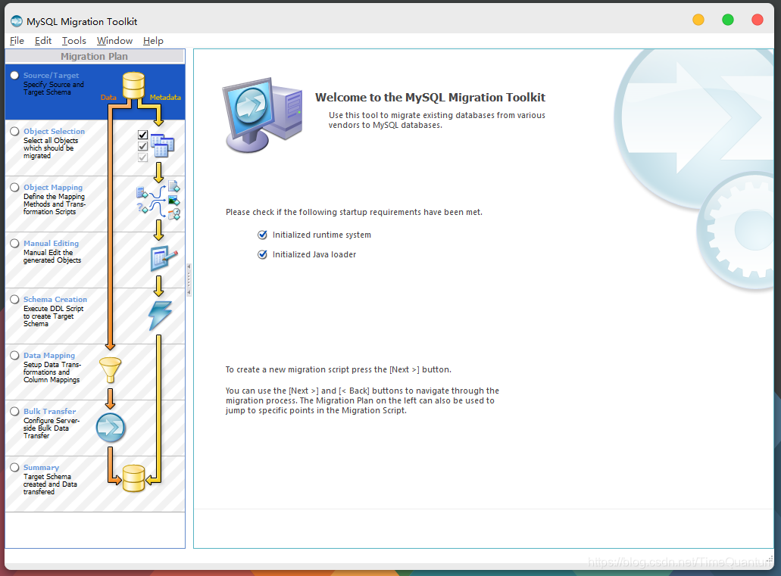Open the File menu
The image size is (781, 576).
(x=17, y=41)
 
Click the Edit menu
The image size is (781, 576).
(x=43, y=41)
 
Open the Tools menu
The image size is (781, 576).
(x=74, y=41)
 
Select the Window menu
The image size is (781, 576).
(x=114, y=41)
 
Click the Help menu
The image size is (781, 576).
(x=153, y=41)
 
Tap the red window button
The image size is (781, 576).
(x=757, y=20)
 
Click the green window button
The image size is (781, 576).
(x=728, y=20)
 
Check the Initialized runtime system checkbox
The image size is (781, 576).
(x=263, y=235)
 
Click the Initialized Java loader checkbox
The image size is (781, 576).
(x=263, y=255)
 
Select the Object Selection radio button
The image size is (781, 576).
(x=14, y=131)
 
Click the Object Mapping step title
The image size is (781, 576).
(x=53, y=188)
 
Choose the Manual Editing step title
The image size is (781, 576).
(x=51, y=244)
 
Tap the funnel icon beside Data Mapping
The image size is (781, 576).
(x=111, y=370)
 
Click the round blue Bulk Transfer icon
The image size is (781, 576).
(x=111, y=428)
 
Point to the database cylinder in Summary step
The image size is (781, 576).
(x=133, y=478)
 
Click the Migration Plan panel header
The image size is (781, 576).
(x=95, y=56)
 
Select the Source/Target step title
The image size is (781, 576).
(x=51, y=76)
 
